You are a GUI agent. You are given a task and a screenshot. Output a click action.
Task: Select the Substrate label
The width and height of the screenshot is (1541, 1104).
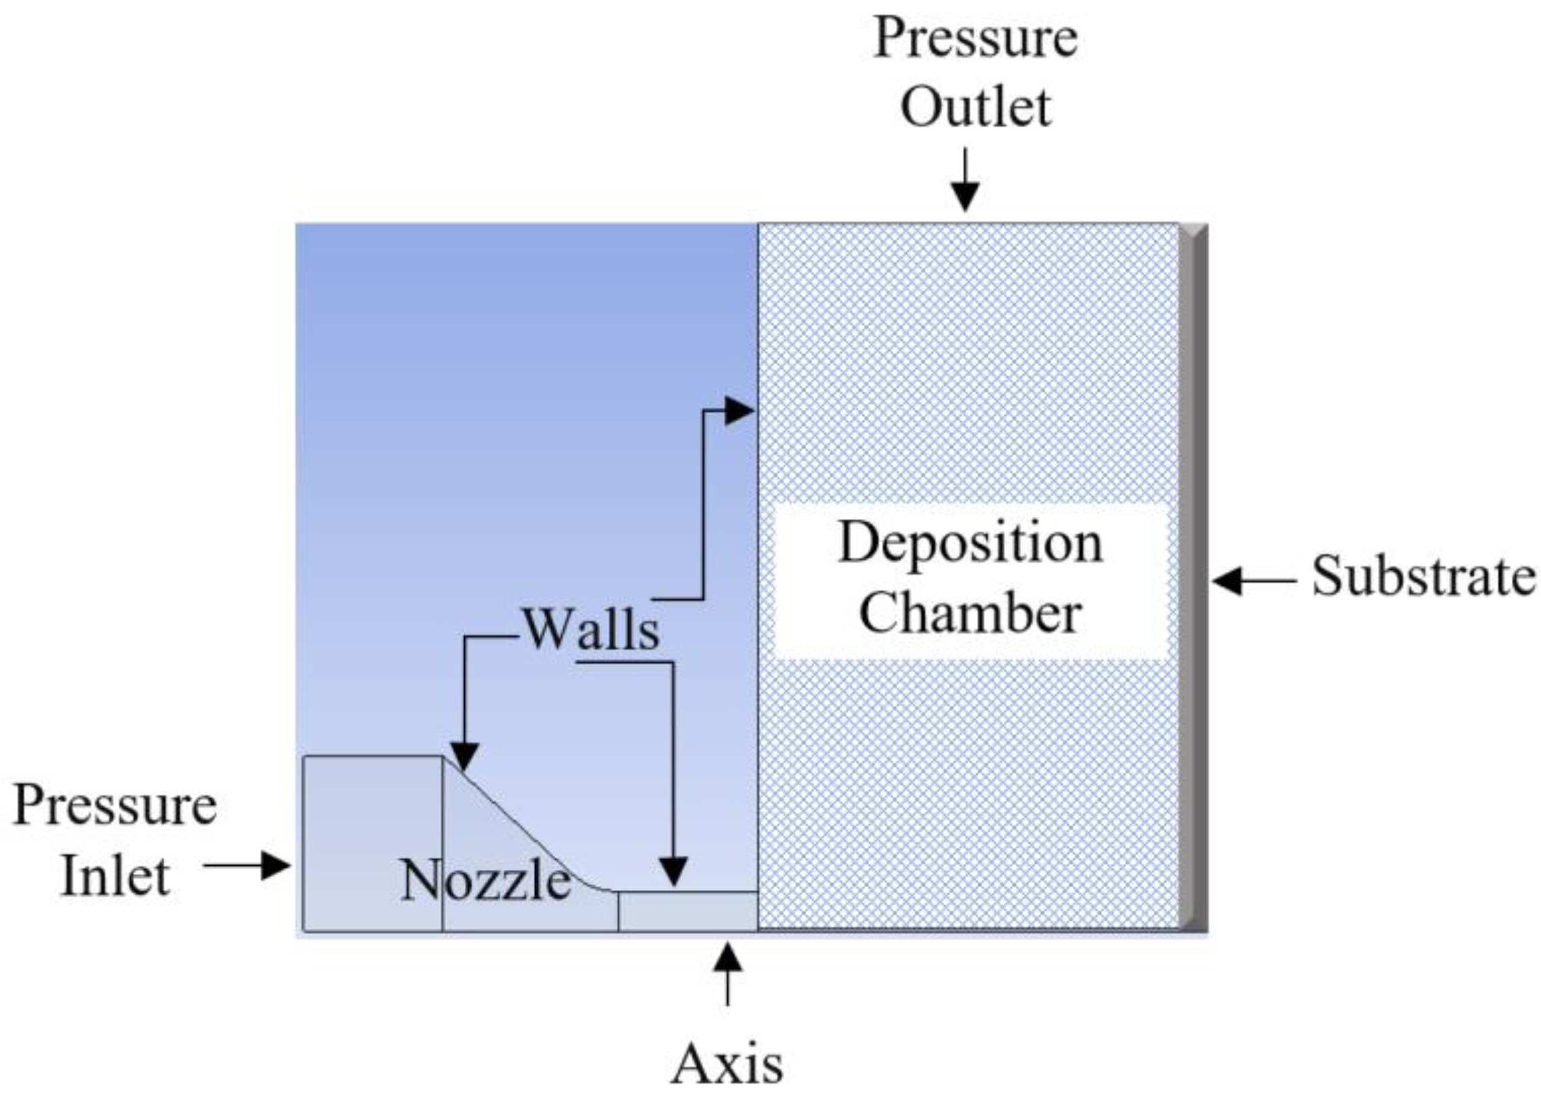pyautogui.click(x=1423, y=576)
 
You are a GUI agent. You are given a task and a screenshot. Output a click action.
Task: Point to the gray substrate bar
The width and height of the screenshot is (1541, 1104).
pyautogui.click(x=1194, y=578)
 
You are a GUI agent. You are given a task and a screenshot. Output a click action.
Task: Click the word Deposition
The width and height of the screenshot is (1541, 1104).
pyautogui.click(x=970, y=544)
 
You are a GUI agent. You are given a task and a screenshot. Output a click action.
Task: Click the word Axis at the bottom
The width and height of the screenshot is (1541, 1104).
pyautogui.click(x=727, y=1065)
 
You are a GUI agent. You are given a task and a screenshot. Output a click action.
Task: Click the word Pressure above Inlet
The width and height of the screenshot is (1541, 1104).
pyautogui.click(x=115, y=806)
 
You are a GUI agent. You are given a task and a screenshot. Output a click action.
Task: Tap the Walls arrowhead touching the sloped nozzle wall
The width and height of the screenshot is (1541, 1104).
pyautogui.click(x=465, y=756)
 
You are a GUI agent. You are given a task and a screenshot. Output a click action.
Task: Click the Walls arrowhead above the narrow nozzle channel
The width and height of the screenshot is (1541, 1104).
pyautogui.click(x=673, y=872)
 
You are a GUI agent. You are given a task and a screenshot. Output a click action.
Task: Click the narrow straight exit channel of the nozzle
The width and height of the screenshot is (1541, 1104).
pyautogui.click(x=688, y=911)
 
